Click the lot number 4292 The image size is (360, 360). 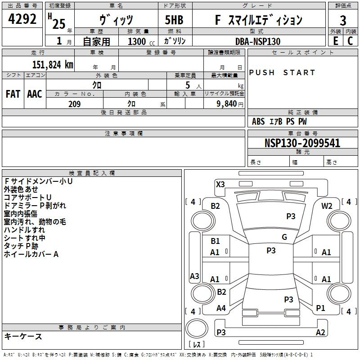pos(22,19)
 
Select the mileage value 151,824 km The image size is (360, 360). pos(53,65)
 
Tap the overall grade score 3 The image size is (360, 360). pos(343,20)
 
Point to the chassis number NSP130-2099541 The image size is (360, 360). pos(302,143)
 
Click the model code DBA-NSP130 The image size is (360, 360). pos(258,41)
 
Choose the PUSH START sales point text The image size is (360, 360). pos(282,72)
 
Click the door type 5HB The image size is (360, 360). pos(174,20)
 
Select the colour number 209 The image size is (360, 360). pos(75,104)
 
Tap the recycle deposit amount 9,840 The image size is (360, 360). pos(227,104)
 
